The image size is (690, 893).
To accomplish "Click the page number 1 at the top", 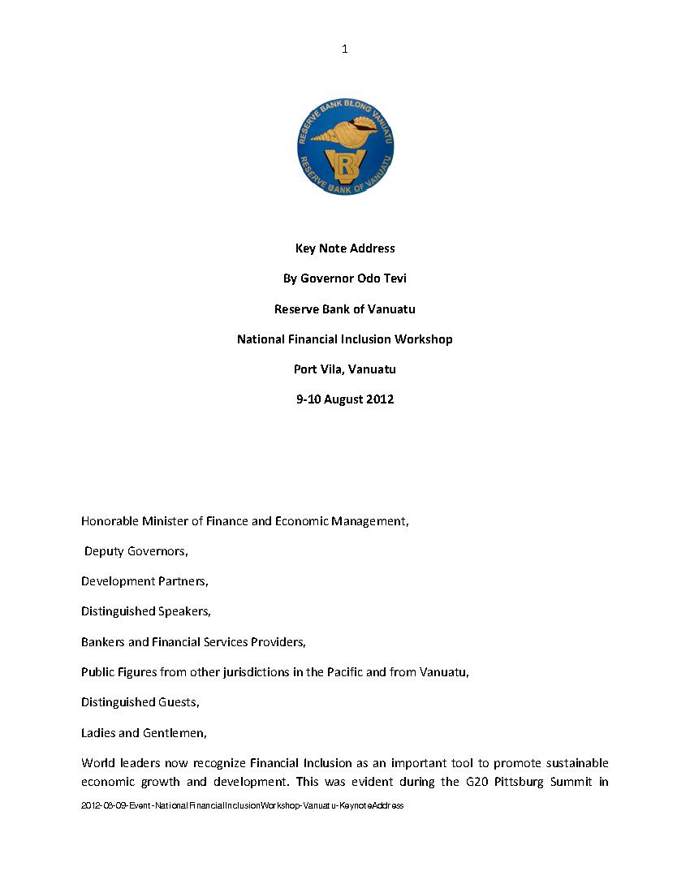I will coord(345,50).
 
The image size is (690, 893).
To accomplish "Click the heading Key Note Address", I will coord(345,248).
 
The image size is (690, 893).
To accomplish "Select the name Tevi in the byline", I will coord(394,278).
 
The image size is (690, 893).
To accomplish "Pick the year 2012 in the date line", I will coord(380,399).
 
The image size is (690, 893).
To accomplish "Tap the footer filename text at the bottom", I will coord(242,805).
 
